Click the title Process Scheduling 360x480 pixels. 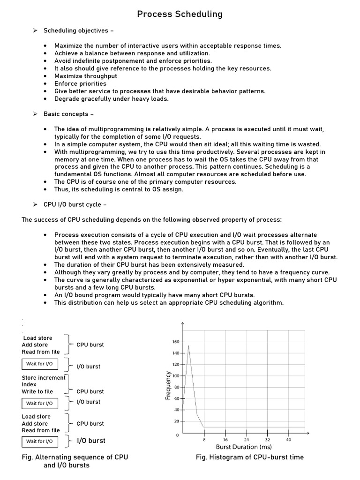[x=180, y=14]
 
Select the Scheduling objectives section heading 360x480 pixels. [x=78, y=31]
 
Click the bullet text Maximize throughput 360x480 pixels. [x=86, y=76]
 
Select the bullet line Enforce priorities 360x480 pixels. [x=80, y=83]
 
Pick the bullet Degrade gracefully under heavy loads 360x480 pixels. [x=111, y=99]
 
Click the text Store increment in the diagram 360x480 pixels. [x=44, y=378]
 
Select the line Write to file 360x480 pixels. [x=37, y=391]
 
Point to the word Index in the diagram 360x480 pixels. [x=29, y=384]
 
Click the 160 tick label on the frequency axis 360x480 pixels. [x=176, y=342]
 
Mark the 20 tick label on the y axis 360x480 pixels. [x=176, y=421]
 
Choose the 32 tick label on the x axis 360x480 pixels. [x=268, y=440]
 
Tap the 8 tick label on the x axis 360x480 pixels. [x=204, y=440]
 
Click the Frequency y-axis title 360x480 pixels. [x=168, y=385]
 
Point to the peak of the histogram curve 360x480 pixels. [x=188, y=346]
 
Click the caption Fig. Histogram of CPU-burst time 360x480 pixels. [x=249, y=457]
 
